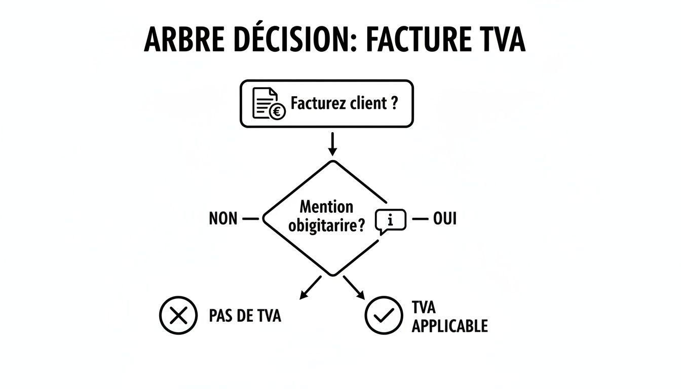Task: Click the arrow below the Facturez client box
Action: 332,144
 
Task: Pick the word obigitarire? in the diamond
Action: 326,225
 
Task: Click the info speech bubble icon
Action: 390,221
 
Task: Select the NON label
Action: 222,219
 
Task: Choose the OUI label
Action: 444,219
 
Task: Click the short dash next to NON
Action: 251,219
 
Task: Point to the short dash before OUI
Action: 420,219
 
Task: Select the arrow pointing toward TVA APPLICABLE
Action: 354,287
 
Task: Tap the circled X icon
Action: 178,316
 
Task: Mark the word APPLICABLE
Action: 449,326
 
